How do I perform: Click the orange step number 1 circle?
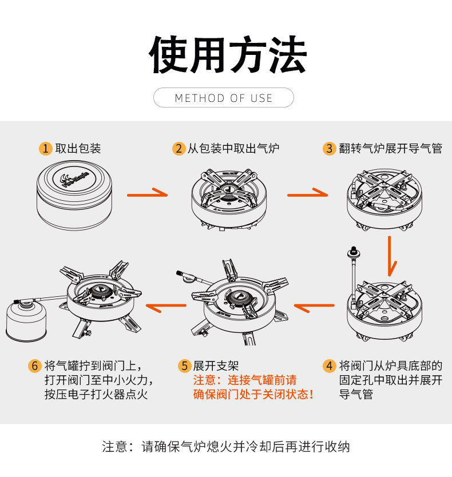click(46, 149)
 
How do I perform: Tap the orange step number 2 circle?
click(179, 149)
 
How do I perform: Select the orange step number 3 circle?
click(329, 149)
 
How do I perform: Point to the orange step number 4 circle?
click(329, 365)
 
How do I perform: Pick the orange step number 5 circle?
click(184, 365)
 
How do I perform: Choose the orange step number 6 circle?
click(35, 365)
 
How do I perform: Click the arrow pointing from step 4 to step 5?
click(315, 308)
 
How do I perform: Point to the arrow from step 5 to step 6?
click(166, 308)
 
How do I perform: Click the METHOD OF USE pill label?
click(224, 98)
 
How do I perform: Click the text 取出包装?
click(78, 149)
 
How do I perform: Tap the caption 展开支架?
click(216, 365)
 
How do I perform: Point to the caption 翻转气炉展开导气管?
click(390, 149)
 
